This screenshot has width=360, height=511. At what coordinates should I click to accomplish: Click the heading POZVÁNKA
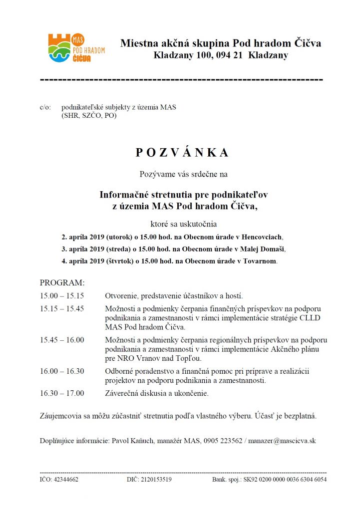click(x=182, y=153)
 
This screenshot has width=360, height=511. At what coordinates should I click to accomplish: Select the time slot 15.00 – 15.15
click(x=62, y=295)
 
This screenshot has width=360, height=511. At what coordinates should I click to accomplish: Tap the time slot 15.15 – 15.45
click(x=62, y=308)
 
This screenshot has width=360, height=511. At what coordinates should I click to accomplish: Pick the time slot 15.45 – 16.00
click(x=62, y=340)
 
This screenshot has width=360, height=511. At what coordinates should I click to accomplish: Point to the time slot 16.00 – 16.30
click(x=62, y=371)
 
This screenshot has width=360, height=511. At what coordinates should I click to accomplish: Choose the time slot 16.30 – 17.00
click(x=62, y=393)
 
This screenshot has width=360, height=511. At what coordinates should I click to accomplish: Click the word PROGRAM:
click(x=62, y=282)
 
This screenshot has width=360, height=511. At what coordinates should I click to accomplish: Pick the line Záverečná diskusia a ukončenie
click(x=157, y=393)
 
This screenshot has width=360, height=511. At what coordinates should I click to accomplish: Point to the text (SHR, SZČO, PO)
click(x=89, y=115)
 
